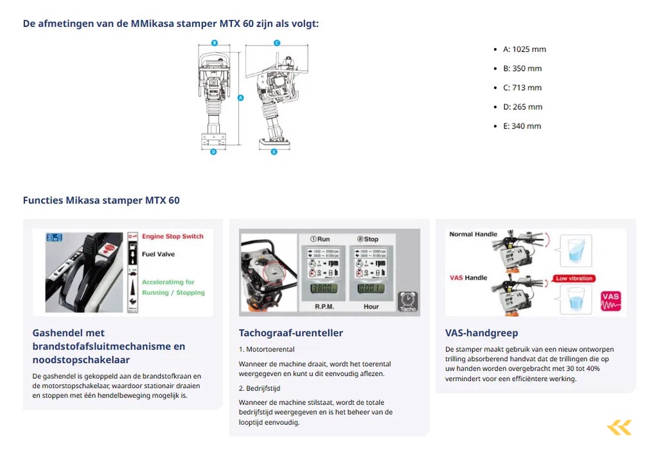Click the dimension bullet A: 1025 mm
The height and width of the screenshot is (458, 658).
click(x=524, y=49)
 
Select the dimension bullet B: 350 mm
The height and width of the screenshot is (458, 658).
click(x=522, y=69)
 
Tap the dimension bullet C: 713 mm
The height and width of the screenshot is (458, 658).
click(x=522, y=88)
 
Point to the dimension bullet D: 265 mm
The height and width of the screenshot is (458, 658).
click(x=522, y=107)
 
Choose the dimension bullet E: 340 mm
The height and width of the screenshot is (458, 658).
click(x=522, y=127)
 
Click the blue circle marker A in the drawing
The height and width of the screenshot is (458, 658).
click(x=240, y=98)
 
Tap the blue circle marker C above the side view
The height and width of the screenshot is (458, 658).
click(x=276, y=43)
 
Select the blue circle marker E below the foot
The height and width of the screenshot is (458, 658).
click(x=274, y=152)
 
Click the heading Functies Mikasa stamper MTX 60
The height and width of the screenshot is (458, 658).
click(x=101, y=200)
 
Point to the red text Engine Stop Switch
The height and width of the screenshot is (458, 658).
click(x=172, y=236)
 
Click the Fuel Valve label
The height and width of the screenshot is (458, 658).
click(x=158, y=254)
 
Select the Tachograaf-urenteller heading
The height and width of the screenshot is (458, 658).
click(x=290, y=333)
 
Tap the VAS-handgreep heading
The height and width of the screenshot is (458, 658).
click(x=481, y=333)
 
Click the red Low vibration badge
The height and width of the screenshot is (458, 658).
click(x=574, y=278)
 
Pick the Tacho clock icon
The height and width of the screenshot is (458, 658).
click(x=407, y=301)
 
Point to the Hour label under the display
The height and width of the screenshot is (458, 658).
click(x=371, y=307)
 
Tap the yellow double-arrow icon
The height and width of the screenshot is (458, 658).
click(x=619, y=428)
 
